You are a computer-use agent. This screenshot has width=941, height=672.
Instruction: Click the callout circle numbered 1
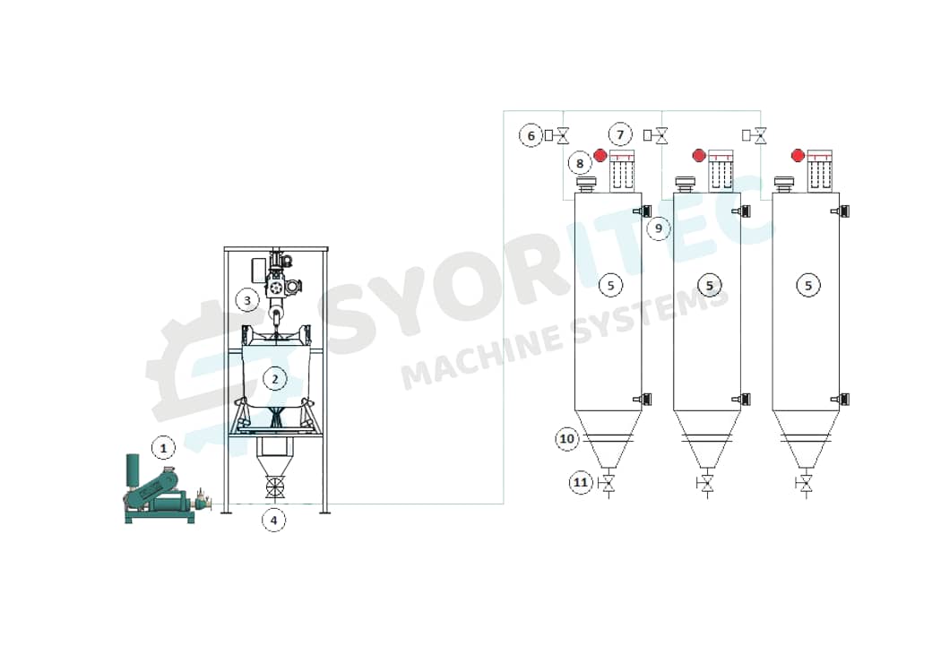tap(162, 445)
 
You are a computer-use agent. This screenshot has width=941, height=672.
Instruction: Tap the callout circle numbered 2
tap(274, 379)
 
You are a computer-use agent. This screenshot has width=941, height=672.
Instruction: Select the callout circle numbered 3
tap(247, 300)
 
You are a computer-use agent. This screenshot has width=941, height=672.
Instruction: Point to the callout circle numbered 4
tap(274, 519)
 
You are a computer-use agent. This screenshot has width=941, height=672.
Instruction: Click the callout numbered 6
tap(531, 135)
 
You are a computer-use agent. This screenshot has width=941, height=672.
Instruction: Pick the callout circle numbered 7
tap(620, 134)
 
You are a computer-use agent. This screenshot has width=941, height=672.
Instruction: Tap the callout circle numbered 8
tap(580, 163)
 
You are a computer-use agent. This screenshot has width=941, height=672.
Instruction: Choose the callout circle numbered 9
tap(659, 228)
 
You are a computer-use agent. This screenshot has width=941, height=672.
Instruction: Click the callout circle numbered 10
tap(566, 439)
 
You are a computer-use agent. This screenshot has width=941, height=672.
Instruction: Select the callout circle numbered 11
tap(581, 483)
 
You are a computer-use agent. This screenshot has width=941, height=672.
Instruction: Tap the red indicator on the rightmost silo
tap(798, 156)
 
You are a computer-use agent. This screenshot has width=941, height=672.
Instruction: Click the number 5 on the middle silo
tap(709, 286)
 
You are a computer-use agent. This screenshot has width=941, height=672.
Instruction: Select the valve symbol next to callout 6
tap(563, 136)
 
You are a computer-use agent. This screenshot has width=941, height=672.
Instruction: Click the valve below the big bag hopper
tap(274, 489)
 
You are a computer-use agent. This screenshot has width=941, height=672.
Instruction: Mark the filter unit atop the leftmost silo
tap(622, 170)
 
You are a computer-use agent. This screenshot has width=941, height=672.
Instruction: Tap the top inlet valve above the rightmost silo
tap(760, 136)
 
